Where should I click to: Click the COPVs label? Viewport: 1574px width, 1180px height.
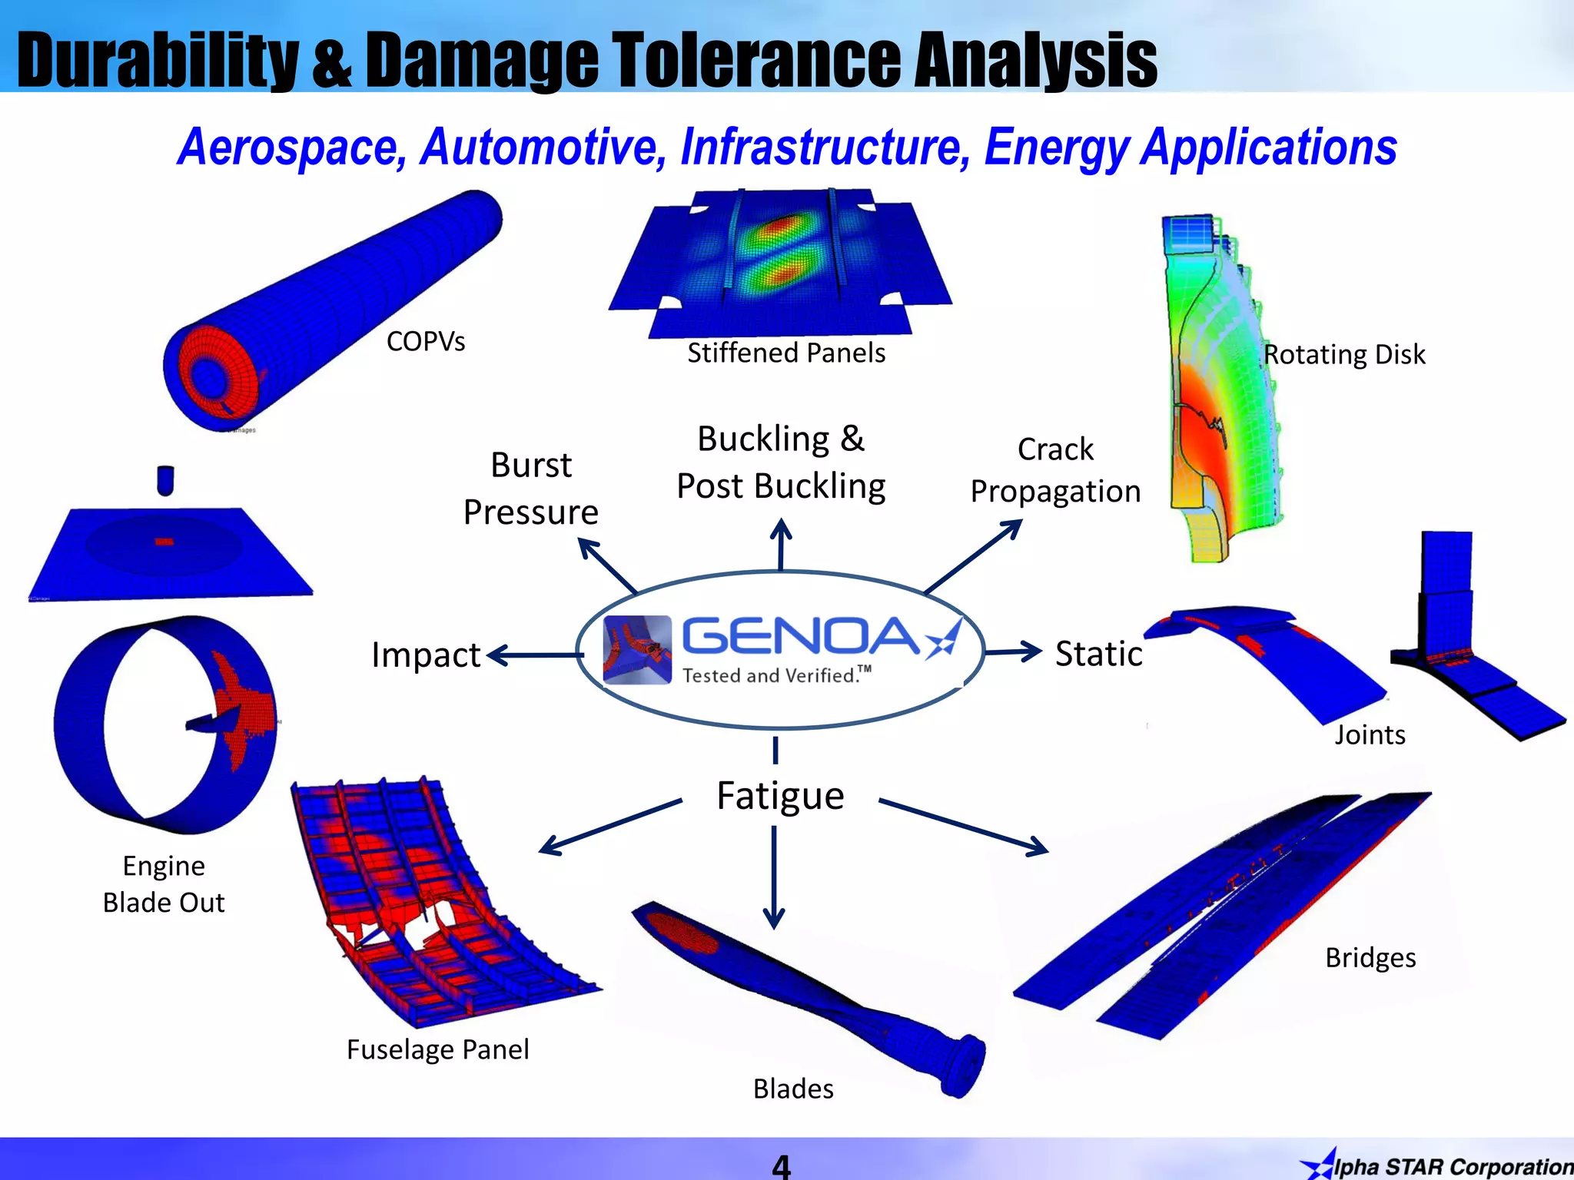[x=425, y=341]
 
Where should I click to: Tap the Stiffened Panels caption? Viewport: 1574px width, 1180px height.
[x=785, y=353]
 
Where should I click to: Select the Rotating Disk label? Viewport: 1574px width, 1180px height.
[x=1344, y=354]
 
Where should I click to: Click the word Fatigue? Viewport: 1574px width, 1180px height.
[x=779, y=796]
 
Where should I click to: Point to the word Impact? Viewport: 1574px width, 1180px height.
[x=425, y=655]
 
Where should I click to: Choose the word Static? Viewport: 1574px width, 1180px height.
[x=1098, y=654]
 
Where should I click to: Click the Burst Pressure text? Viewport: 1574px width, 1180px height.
[x=530, y=489]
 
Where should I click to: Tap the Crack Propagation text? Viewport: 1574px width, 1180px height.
[x=1055, y=470]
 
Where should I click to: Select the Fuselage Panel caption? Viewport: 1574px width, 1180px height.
[x=437, y=1049]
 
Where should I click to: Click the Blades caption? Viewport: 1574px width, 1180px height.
[x=793, y=1089]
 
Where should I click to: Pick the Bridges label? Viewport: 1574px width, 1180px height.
[x=1370, y=957]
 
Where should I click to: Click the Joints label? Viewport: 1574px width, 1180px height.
[x=1370, y=734]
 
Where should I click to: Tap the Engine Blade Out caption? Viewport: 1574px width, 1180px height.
[x=164, y=883]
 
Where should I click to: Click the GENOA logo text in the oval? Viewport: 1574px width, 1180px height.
[x=799, y=636]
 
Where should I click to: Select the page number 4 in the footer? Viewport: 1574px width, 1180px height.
[x=781, y=1166]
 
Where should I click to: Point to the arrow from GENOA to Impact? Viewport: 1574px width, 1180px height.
[x=534, y=655]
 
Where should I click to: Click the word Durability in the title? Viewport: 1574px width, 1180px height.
[x=158, y=60]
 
